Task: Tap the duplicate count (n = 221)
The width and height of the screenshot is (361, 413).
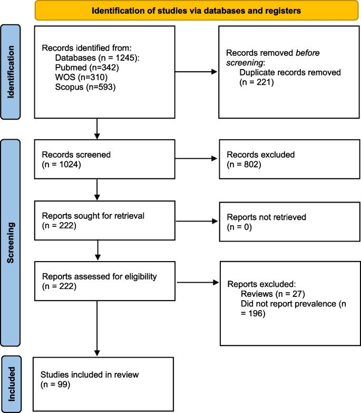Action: [256, 82]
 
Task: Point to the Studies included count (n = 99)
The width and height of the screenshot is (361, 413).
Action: [55, 384]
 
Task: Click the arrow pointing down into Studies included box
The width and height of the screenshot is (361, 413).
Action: [97, 327]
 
